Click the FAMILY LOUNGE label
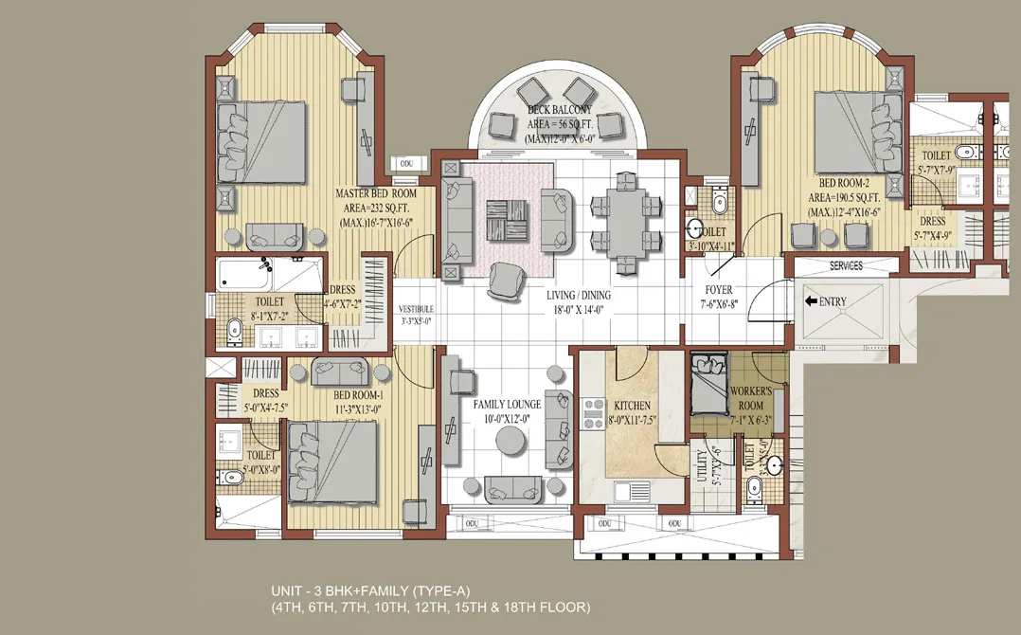pos(508,405)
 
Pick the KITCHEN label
pos(633,405)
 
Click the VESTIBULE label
pos(416,308)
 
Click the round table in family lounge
pos(511,441)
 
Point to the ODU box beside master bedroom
pos(407,163)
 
